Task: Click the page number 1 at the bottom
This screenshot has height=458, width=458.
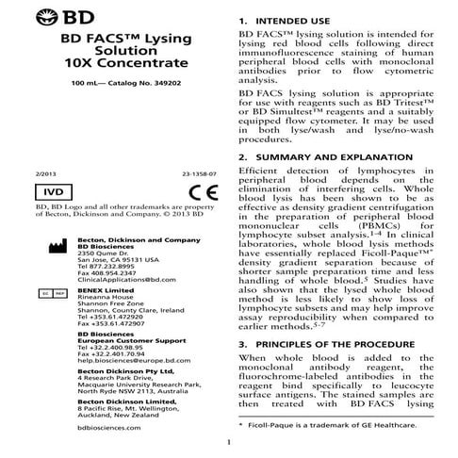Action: (x=228, y=443)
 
